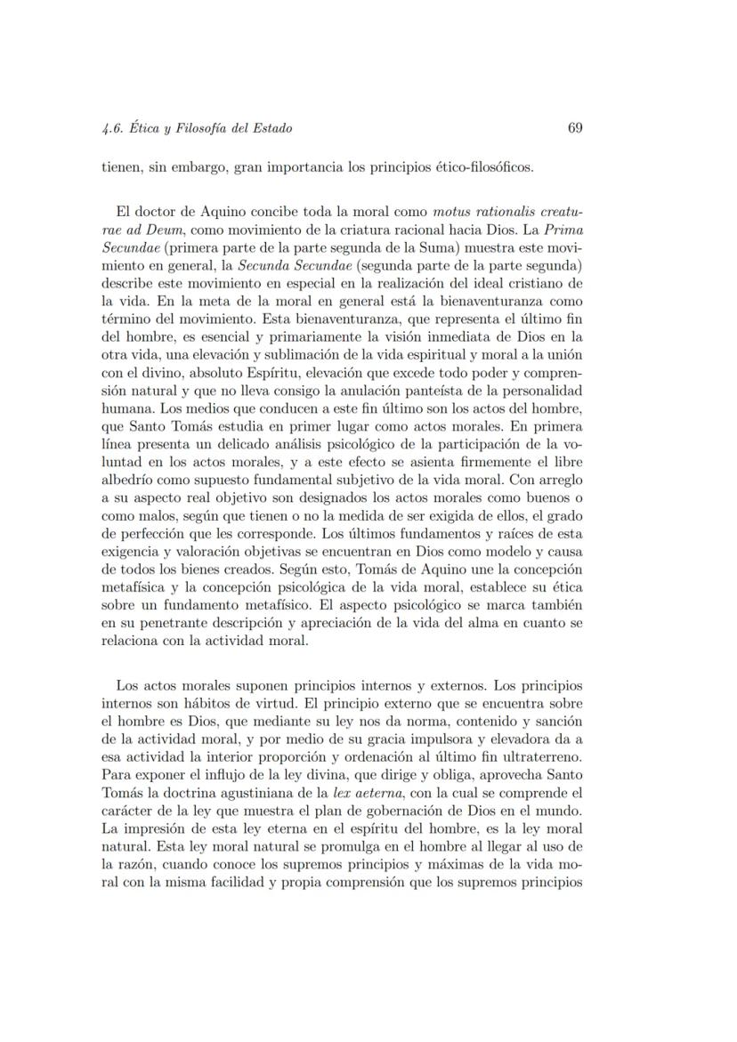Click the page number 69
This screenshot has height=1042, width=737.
(574, 128)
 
